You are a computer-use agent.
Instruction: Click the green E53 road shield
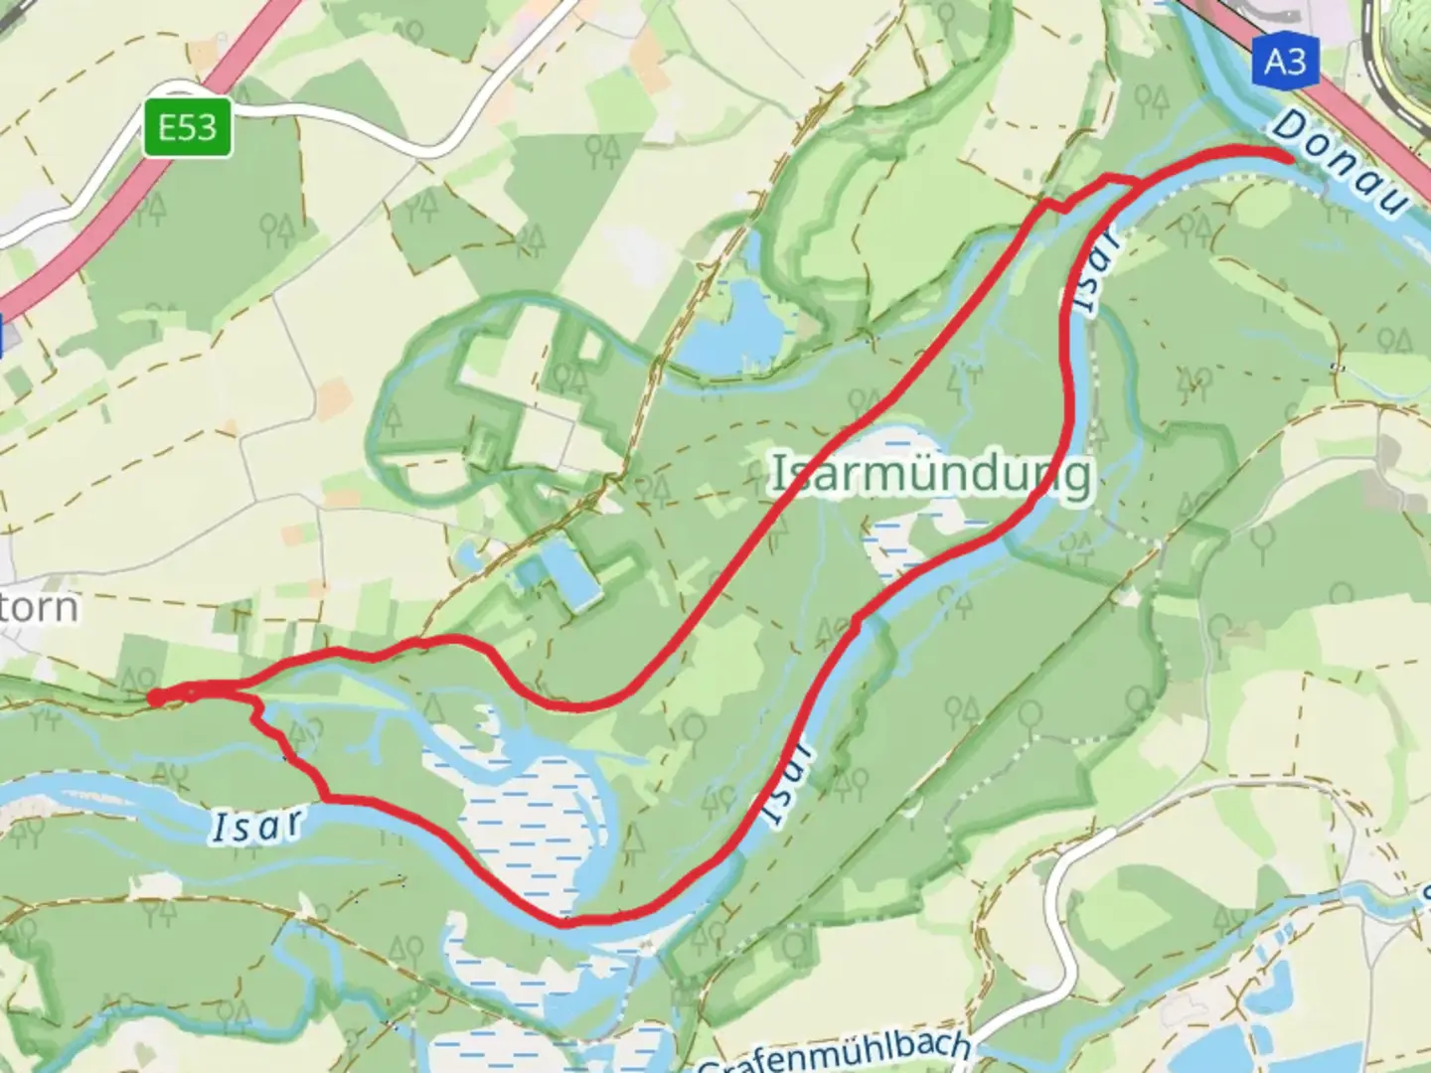point(187,127)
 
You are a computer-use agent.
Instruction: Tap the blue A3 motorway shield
point(1284,62)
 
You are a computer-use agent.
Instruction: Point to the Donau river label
point(1342,164)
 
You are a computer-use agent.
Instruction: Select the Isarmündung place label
point(931,475)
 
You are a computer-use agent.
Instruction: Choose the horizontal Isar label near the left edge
point(256,825)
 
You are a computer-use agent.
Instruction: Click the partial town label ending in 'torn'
point(38,606)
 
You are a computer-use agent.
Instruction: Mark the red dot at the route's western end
point(156,698)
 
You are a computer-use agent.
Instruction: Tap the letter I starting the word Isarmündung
point(781,475)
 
